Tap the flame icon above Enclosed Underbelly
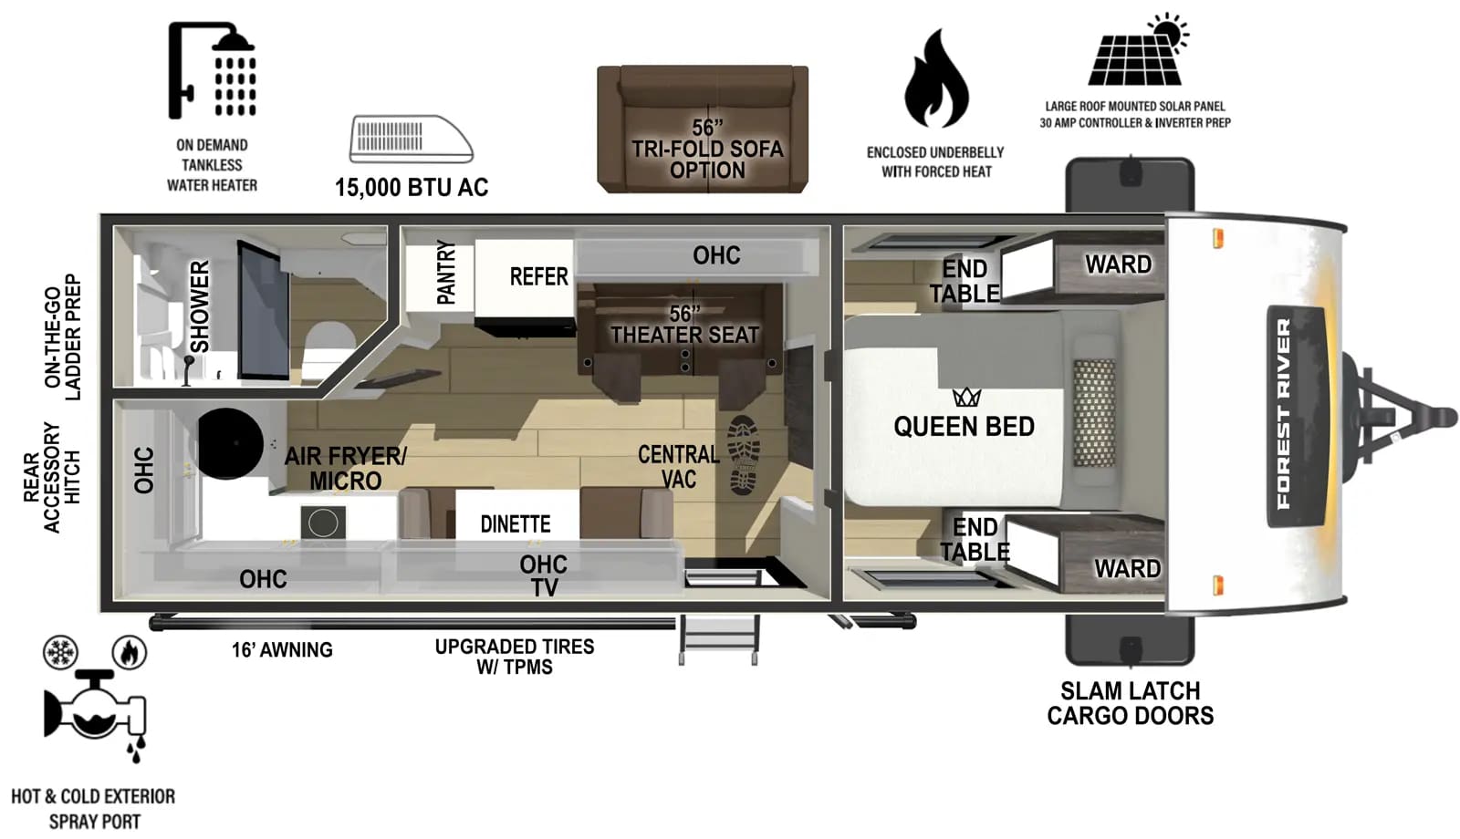point(936,79)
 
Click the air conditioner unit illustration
point(411,139)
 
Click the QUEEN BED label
point(964,427)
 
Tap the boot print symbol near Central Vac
point(745,455)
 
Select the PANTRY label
point(445,272)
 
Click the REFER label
point(538,276)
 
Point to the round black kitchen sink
point(230,443)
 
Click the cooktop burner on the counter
point(323,523)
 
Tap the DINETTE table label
point(516,524)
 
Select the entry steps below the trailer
point(718,640)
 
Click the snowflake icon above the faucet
point(61,653)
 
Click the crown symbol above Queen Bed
point(966,397)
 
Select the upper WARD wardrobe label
point(1118,264)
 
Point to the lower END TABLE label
point(975,540)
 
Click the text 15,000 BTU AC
point(412,188)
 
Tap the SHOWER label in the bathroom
point(200,306)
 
